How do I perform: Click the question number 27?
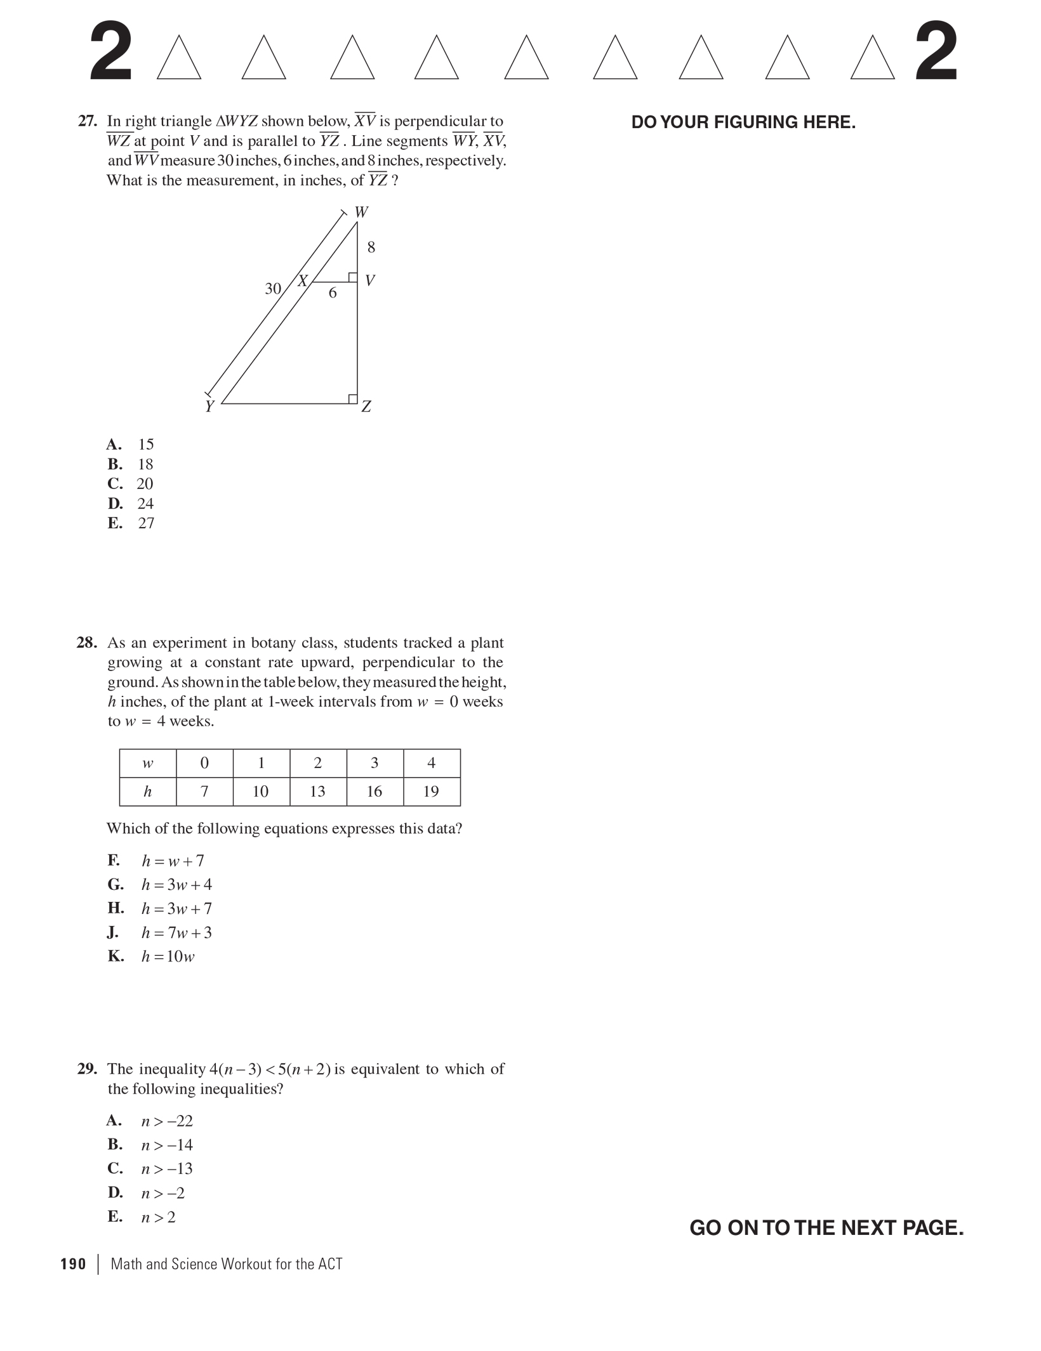pos(87,121)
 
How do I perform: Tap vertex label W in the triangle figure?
pos(361,212)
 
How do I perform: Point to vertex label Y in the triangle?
pos(209,407)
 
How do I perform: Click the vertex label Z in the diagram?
pos(366,407)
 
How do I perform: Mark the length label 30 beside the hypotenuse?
pos(273,289)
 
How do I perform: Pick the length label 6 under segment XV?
pos(333,293)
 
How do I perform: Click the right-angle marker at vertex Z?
pos(352,398)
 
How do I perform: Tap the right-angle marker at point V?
pos(352,277)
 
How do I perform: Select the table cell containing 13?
pos(317,792)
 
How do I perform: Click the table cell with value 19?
pos(431,792)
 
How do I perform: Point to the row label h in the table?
pos(147,792)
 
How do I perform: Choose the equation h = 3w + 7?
pos(176,909)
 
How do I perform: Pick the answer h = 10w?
pos(168,956)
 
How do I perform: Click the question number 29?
pos(87,1069)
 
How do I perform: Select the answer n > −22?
pos(167,1121)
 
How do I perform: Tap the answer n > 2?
pos(158,1217)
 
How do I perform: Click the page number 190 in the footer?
pos(73,1264)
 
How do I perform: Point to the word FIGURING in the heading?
pos(756,122)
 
